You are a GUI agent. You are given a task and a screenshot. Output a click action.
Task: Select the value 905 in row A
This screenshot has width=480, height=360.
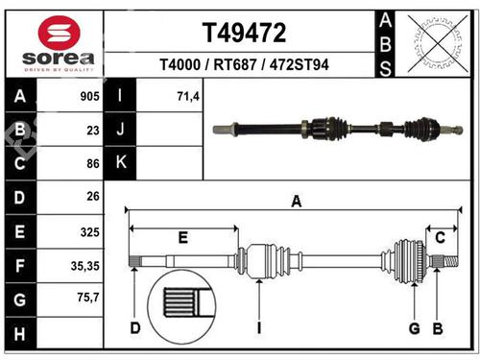pos(89,96)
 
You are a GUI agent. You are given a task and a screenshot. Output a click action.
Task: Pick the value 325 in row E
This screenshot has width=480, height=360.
pos(89,231)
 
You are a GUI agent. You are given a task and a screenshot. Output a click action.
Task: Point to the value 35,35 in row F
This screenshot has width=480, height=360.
pos(85,265)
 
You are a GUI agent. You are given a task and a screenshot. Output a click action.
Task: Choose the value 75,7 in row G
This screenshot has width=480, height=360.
pos(87,299)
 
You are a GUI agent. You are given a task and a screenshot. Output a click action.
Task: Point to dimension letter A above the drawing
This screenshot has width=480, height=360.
pos(297,201)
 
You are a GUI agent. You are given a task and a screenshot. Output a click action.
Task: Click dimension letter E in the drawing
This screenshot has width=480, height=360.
pos(182,236)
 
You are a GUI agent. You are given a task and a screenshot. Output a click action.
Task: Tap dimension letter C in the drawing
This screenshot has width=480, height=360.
pos(440,237)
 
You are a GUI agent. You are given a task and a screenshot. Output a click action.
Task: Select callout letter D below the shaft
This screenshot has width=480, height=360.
pos(135,329)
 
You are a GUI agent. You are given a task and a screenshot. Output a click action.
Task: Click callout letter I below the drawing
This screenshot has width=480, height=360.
pos(258,329)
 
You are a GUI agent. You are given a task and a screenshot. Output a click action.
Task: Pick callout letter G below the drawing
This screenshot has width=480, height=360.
pos(414,329)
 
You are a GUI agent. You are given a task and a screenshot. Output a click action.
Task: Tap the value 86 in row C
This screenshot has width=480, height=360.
pos(93,164)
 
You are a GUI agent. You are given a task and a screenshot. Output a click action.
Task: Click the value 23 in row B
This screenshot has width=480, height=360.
pos(93,130)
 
